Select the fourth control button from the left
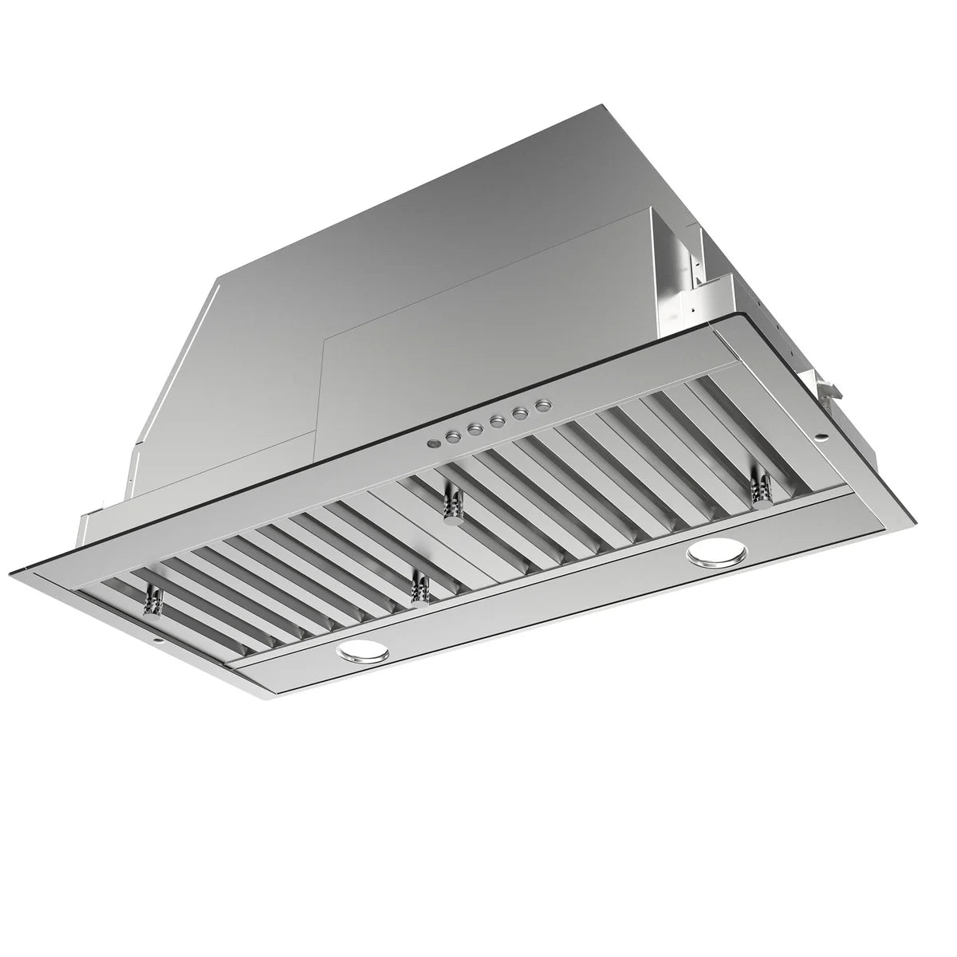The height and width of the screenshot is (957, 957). click(x=496, y=421)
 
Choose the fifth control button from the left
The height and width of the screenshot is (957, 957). click(x=519, y=414)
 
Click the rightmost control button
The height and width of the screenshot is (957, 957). click(x=542, y=407)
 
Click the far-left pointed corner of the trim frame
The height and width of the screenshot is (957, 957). click(x=11, y=571)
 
